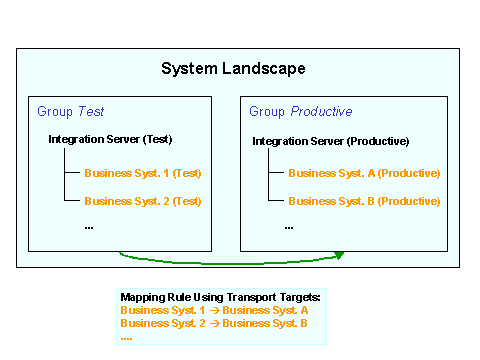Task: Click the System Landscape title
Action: (233, 69)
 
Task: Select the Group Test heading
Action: (70, 111)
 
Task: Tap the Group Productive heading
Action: (300, 111)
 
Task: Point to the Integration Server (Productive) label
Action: (330, 141)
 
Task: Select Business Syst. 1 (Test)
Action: (143, 173)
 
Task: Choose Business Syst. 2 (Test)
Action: (143, 200)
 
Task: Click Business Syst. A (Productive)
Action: (364, 173)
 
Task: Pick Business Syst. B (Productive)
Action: (364, 200)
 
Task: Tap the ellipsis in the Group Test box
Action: (88, 227)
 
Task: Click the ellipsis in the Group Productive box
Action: (289, 227)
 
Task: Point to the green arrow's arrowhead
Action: (339, 255)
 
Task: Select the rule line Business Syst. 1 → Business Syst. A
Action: (213, 310)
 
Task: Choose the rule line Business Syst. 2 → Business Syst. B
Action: (213, 323)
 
